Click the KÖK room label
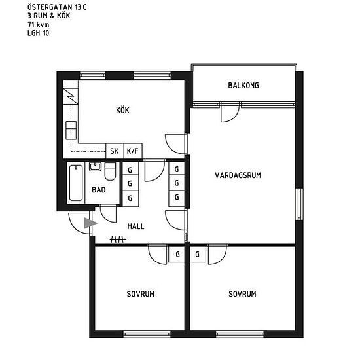122,110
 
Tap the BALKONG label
243,86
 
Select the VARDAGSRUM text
238,175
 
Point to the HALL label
135,226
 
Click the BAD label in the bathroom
99,190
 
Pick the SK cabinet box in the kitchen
115,151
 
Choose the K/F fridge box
133,151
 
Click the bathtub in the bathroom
76,183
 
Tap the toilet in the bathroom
110,171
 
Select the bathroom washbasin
95,167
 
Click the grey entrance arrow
90,223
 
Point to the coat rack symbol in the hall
118,240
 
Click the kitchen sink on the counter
71,130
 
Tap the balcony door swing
230,113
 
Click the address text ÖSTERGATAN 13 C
57,7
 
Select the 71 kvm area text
39,24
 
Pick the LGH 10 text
39,33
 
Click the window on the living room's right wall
299,204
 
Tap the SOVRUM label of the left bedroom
141,294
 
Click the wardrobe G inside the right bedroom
198,254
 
